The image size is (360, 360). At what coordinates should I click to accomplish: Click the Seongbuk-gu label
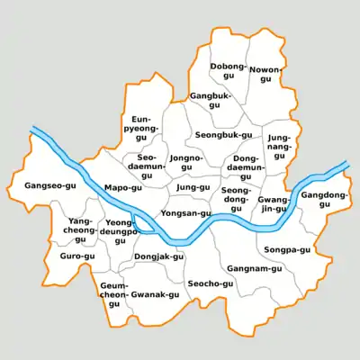223,135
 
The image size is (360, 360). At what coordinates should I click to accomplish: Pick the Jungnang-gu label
279,147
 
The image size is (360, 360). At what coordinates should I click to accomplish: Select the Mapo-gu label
123,188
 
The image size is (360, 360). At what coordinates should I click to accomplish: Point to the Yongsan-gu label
184,213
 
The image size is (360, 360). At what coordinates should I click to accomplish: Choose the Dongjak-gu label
158,256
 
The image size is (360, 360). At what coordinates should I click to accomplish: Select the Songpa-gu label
288,249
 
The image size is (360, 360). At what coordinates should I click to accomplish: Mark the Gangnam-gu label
254,268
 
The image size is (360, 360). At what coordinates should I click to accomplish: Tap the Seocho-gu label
210,283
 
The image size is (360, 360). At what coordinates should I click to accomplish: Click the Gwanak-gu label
148,295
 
